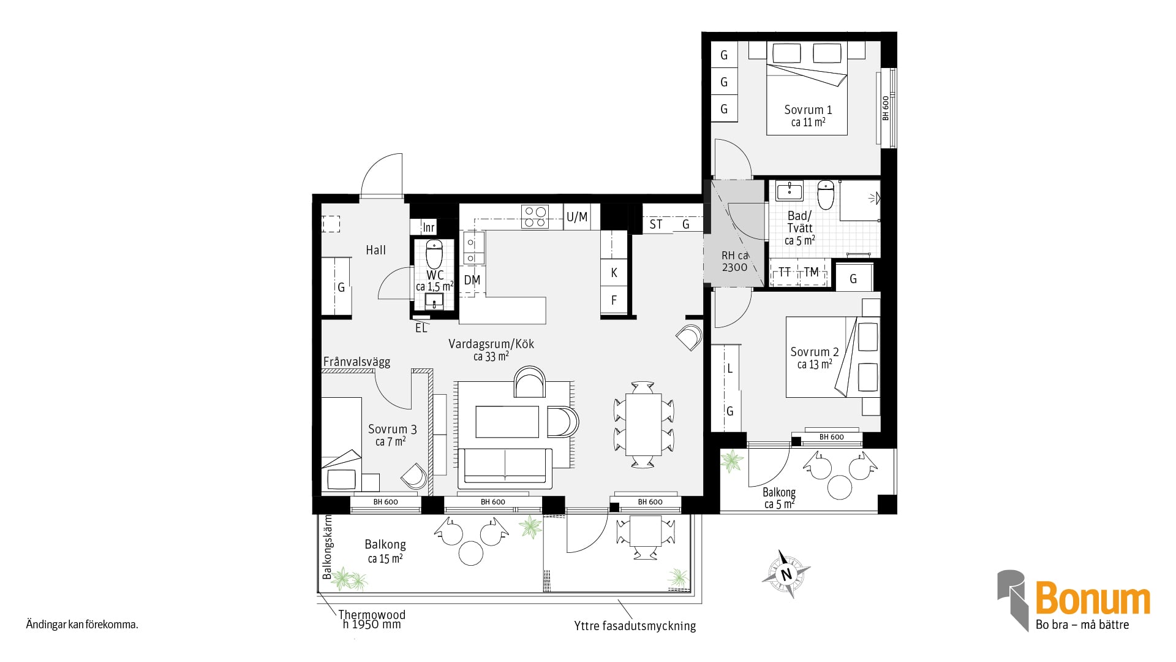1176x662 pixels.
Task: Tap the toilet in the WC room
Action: coord(434,254)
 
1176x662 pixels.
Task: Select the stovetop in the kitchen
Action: coord(535,216)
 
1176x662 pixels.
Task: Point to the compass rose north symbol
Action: coord(786,574)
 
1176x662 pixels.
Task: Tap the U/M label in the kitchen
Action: coord(577,217)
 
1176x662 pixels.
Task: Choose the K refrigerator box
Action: coord(614,273)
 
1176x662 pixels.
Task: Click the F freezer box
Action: coord(614,300)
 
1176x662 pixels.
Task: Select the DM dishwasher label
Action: coord(472,281)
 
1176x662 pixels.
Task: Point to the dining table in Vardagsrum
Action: coord(643,424)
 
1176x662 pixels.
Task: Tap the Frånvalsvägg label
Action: coord(356,362)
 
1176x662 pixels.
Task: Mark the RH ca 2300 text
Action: coord(734,261)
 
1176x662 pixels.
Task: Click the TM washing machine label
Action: coord(811,272)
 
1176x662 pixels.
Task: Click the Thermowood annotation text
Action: coord(372,615)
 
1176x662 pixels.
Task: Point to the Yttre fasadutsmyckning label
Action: coord(635,626)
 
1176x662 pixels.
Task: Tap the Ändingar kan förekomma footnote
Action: coord(82,625)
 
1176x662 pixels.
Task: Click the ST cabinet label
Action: coord(656,224)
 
